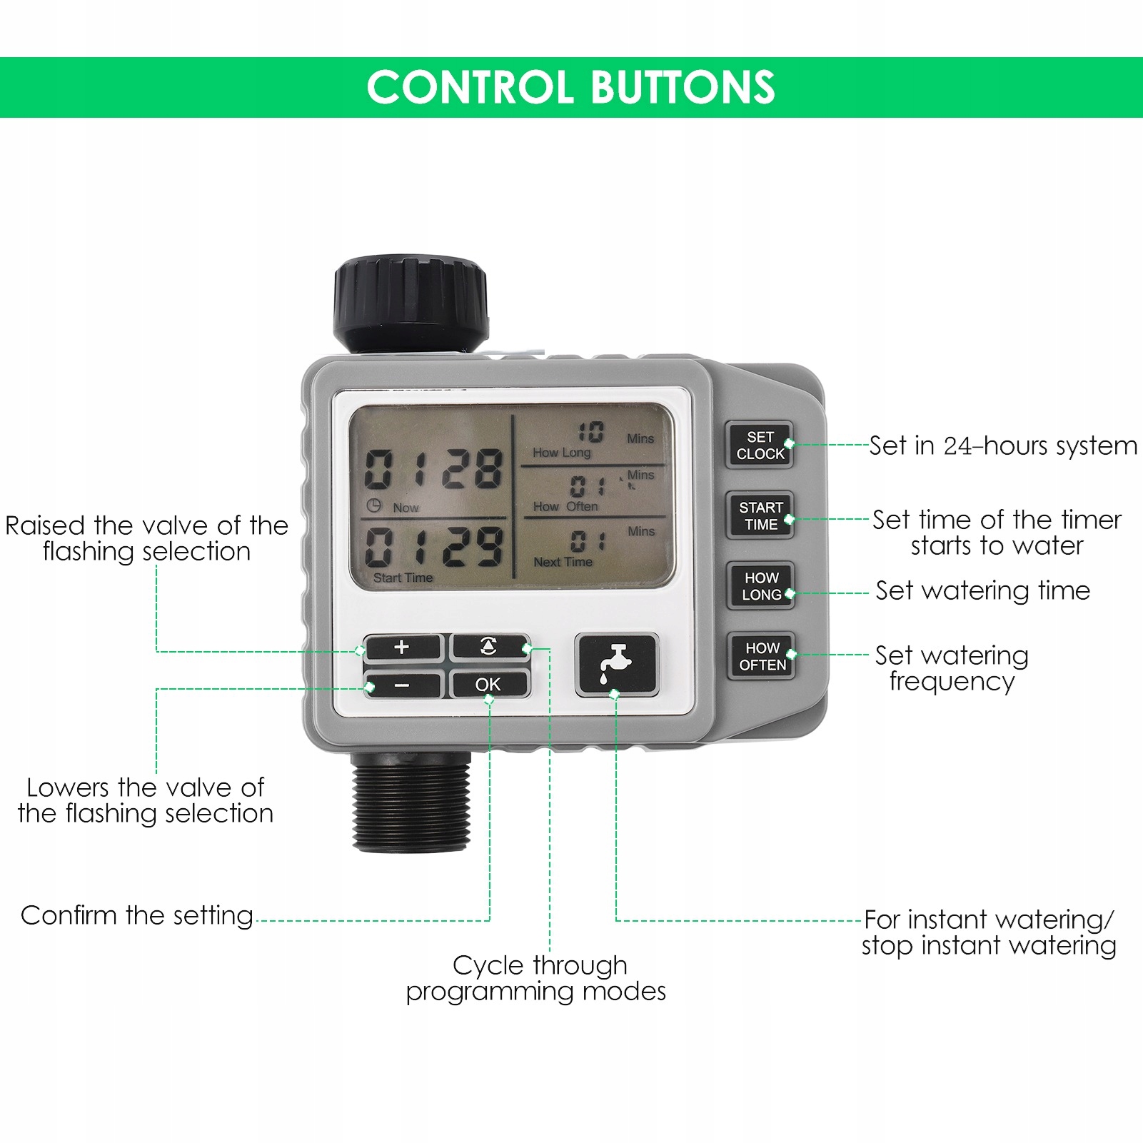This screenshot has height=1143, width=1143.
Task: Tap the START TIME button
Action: pyautogui.click(x=760, y=515)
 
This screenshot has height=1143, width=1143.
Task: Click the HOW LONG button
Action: pyautogui.click(x=761, y=586)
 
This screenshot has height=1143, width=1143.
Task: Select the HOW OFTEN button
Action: pyautogui.click(x=762, y=656)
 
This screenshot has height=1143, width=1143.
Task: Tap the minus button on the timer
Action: pyautogui.click(x=402, y=685)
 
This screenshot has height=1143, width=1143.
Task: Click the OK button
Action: pyautogui.click(x=489, y=684)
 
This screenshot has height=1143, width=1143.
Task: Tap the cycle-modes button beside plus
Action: pyautogui.click(x=489, y=647)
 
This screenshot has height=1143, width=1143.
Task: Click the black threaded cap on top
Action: pyautogui.click(x=411, y=303)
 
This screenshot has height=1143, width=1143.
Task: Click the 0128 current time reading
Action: pyautogui.click(x=433, y=469)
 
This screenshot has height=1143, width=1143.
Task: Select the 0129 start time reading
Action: pyautogui.click(x=433, y=548)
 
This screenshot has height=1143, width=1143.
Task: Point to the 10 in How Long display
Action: pyautogui.click(x=590, y=432)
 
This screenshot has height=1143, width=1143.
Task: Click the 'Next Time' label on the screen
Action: pyautogui.click(x=563, y=562)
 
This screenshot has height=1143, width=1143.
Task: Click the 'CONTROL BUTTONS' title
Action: pyautogui.click(x=570, y=87)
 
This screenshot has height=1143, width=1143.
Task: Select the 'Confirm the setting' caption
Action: pyautogui.click(x=137, y=915)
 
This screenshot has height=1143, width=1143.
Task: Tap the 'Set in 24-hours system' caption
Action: pyautogui.click(x=1002, y=445)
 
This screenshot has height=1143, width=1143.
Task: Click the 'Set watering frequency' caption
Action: pyautogui.click(x=952, y=668)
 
